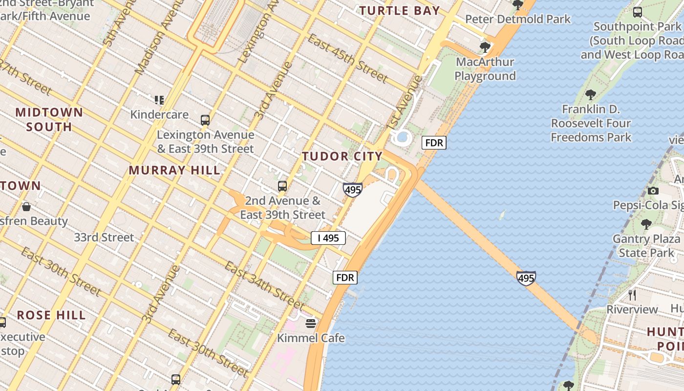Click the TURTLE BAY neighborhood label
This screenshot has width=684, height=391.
(400, 10)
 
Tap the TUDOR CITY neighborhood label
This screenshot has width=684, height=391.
(342, 156)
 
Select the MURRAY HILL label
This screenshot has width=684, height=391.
(174, 171)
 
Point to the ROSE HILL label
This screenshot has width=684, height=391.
(51, 315)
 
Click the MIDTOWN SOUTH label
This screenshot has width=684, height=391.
(49, 119)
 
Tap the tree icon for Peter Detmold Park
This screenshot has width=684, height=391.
(517, 5)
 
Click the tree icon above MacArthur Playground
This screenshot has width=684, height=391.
(485, 47)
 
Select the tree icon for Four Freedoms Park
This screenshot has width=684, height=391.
(591, 94)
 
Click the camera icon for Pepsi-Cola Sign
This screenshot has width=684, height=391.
(653, 191)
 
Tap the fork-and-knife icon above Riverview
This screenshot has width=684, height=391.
(632, 295)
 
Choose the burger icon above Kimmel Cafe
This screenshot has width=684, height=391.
(311, 323)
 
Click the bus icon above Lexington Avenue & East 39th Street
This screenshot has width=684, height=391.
(205, 120)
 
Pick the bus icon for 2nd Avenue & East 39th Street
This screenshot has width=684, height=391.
(282, 186)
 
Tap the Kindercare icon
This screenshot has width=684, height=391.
(159, 100)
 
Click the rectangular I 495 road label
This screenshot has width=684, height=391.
(328, 238)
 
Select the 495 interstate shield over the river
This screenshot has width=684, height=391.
(526, 278)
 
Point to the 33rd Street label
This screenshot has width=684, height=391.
(104, 238)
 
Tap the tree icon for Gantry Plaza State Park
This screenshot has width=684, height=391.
(646, 224)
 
